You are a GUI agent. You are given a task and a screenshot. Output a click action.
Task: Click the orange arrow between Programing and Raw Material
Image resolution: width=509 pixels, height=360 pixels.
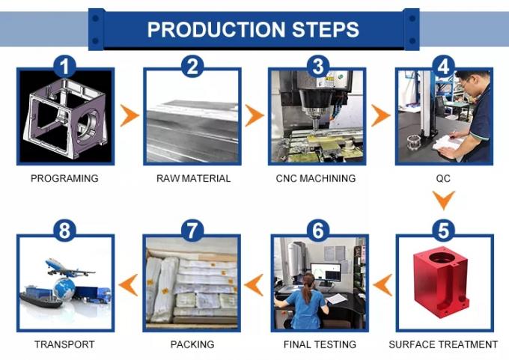click(x=130, y=115)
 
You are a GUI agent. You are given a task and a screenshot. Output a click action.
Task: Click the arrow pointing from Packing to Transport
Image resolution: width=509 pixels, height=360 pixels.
click(x=129, y=284)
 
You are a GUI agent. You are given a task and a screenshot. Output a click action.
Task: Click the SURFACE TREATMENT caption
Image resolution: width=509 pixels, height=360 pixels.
click(x=443, y=344)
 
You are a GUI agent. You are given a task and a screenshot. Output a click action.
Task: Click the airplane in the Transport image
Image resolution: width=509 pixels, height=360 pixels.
click(x=67, y=266)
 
